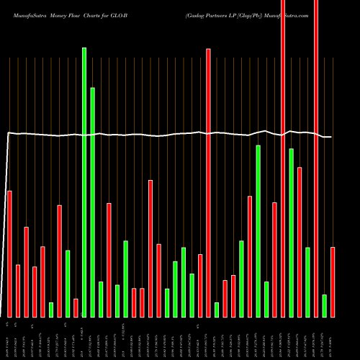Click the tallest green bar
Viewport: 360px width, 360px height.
click(84, 180)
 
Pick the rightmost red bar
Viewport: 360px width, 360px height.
click(333, 282)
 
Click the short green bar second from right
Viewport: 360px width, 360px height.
click(325, 305)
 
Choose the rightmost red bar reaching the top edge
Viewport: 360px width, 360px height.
click(316, 158)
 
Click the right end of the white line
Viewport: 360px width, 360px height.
click(330, 137)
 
